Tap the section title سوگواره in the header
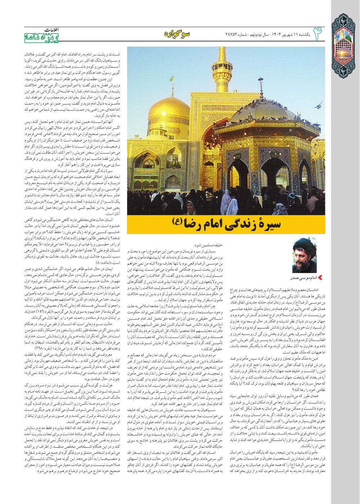pyautogui.click(x=177, y=34)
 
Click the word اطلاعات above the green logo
pyautogui.click(x=52, y=30)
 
